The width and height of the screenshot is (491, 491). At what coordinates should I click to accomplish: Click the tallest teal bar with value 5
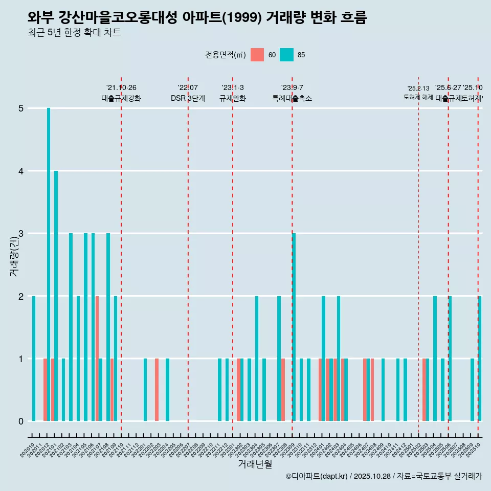tap(49, 264)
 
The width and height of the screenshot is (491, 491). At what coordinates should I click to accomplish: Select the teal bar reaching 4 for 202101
tap(56, 296)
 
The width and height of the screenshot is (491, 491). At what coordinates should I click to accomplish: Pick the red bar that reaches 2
tap(97, 358)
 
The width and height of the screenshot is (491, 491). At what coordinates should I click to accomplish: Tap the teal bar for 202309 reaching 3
tap(294, 327)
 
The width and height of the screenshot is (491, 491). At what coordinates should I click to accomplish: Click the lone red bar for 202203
tap(157, 390)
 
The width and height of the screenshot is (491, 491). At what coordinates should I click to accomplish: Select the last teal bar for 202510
tap(480, 358)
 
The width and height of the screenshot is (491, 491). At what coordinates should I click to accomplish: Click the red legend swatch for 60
tap(257, 55)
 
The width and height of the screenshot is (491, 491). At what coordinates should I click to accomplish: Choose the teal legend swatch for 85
tap(286, 55)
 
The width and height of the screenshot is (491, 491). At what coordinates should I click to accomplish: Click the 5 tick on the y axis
tap(21, 108)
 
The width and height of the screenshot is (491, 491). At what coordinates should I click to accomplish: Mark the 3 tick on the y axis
tap(21, 234)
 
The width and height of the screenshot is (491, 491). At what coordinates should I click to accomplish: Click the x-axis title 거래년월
tap(255, 464)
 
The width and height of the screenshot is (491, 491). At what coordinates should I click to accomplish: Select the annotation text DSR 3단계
tap(188, 98)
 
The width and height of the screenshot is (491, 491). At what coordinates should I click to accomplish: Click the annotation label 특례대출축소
tap(292, 98)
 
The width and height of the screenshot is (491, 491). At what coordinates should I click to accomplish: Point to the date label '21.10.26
tap(121, 87)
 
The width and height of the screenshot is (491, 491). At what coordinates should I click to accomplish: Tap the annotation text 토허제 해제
tap(418, 97)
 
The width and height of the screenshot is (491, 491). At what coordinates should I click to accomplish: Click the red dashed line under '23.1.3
tap(233, 256)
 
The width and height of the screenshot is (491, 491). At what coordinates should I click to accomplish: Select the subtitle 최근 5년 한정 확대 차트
tap(75, 33)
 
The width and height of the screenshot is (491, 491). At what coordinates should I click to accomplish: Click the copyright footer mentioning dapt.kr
tap(384, 476)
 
